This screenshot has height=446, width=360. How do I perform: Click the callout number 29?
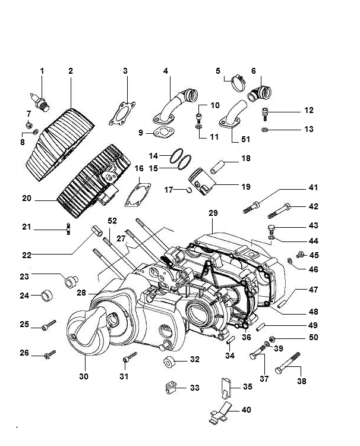[213, 213]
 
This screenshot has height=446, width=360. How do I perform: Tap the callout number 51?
[245, 139]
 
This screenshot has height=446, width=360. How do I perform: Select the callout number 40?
[247, 410]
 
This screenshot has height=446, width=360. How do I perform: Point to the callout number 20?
[27, 198]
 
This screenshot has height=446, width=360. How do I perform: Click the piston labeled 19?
[202, 181]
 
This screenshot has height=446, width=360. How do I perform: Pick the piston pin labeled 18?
[218, 167]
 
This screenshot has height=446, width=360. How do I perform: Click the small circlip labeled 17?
[190, 190]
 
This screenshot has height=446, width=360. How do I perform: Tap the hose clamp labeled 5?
[238, 83]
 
